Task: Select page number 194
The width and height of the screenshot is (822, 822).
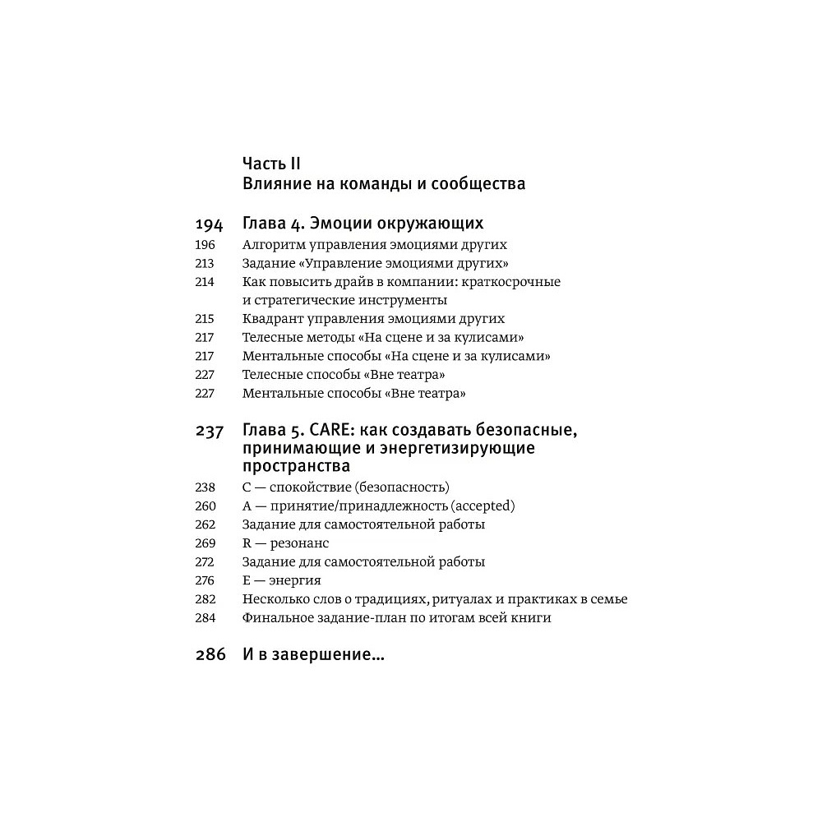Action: (x=210, y=224)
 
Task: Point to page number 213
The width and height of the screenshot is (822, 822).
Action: (x=205, y=264)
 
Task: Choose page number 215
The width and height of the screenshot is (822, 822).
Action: (x=205, y=319)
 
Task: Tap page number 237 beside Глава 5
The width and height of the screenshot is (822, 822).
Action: (x=210, y=432)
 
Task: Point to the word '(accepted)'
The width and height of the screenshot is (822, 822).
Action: (x=483, y=506)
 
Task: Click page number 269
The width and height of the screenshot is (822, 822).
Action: (x=205, y=543)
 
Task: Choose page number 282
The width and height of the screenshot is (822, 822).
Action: (x=205, y=599)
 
